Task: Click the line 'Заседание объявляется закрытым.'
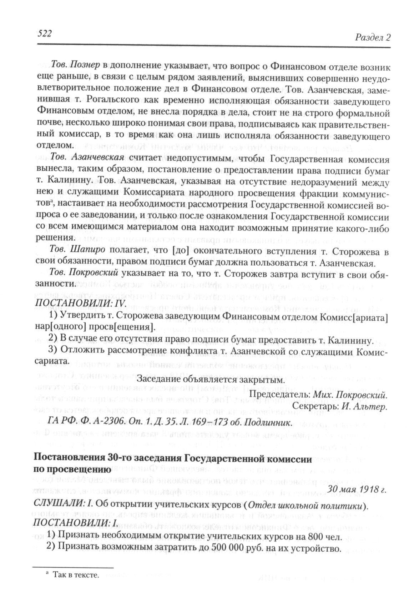pyautogui.click(x=211, y=380)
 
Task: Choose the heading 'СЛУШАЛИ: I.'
pyautogui.click(x=63, y=503)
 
